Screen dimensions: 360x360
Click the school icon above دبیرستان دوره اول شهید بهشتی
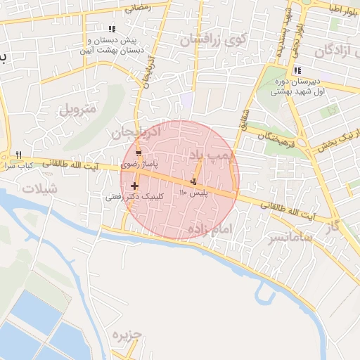click(297, 70)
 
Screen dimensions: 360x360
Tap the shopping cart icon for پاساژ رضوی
click(139, 153)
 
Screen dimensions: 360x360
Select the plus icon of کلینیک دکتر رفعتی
click(134, 186)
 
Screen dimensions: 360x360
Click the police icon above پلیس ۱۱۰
click(193, 183)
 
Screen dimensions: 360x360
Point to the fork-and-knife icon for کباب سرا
click(19, 155)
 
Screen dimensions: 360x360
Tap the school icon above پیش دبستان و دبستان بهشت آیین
click(112, 29)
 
